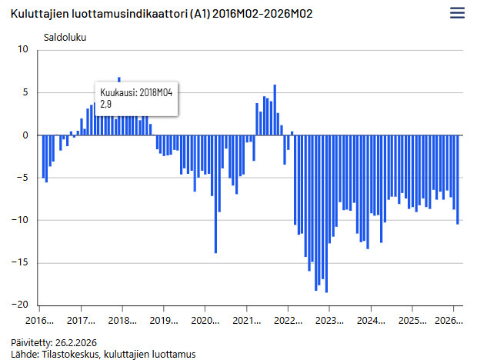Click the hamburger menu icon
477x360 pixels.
[457, 13]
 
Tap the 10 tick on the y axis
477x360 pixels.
[22, 50]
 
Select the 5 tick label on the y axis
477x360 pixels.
[25, 92]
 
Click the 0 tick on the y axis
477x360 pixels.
[25, 135]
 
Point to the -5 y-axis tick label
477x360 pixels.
[23, 178]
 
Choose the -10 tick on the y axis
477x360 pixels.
[21, 220]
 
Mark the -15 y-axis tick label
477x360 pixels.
[21, 262]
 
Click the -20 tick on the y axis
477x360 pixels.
[21, 305]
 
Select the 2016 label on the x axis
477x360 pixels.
[39, 320]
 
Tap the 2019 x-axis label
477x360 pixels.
[163, 320]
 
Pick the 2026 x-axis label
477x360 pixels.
[449, 320]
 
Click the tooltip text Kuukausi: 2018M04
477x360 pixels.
[136, 92]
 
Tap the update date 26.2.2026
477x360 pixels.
[76, 342]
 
